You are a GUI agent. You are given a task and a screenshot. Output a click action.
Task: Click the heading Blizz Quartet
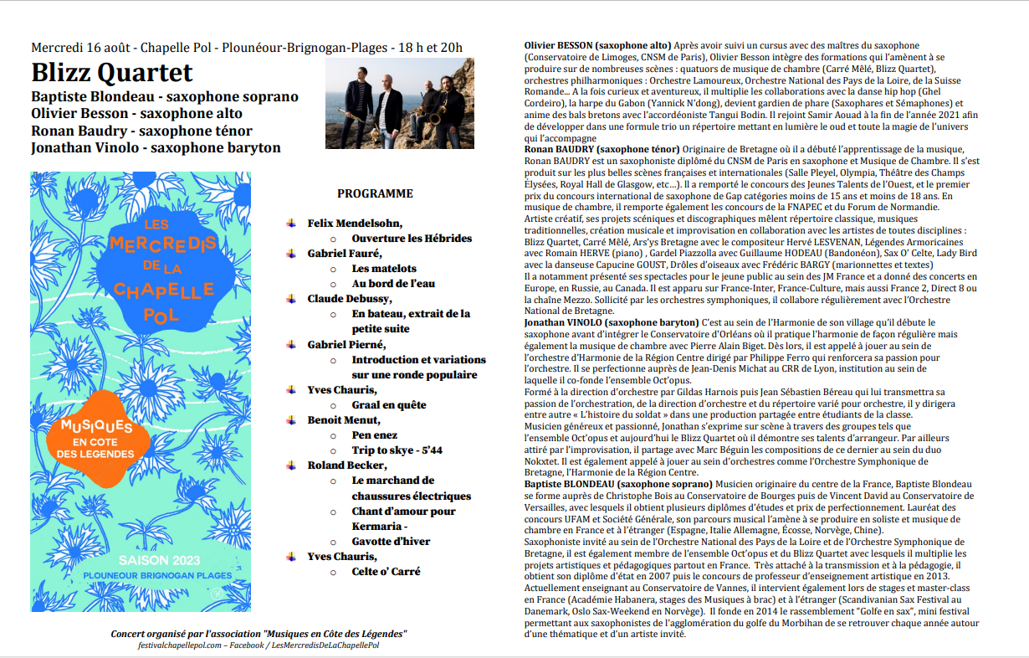[112, 73]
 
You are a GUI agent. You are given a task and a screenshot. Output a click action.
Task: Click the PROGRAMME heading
[375, 193]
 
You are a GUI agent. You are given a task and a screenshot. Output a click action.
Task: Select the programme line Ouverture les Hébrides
[412, 239]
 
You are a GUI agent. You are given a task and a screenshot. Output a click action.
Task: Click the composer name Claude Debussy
[345, 299]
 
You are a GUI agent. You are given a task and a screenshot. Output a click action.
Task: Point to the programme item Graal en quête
[389, 405]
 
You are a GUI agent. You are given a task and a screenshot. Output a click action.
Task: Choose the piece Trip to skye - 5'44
[397, 450]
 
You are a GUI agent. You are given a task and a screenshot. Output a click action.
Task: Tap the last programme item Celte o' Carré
[386, 572]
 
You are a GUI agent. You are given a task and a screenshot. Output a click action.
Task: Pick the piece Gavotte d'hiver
[391, 542]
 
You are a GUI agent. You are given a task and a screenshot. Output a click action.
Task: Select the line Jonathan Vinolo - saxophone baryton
[156, 148]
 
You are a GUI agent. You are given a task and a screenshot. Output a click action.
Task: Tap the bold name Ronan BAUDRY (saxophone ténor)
[601, 149]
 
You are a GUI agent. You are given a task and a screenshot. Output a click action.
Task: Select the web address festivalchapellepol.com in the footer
[177, 645]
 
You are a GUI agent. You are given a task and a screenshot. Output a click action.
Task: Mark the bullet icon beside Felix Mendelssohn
[291, 223]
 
